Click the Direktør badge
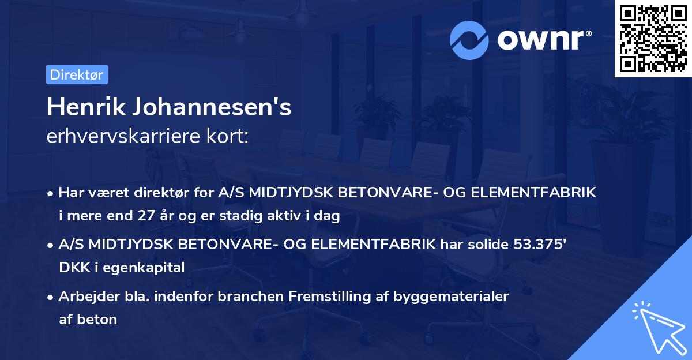77,74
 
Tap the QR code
653,38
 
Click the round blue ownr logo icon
469,40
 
